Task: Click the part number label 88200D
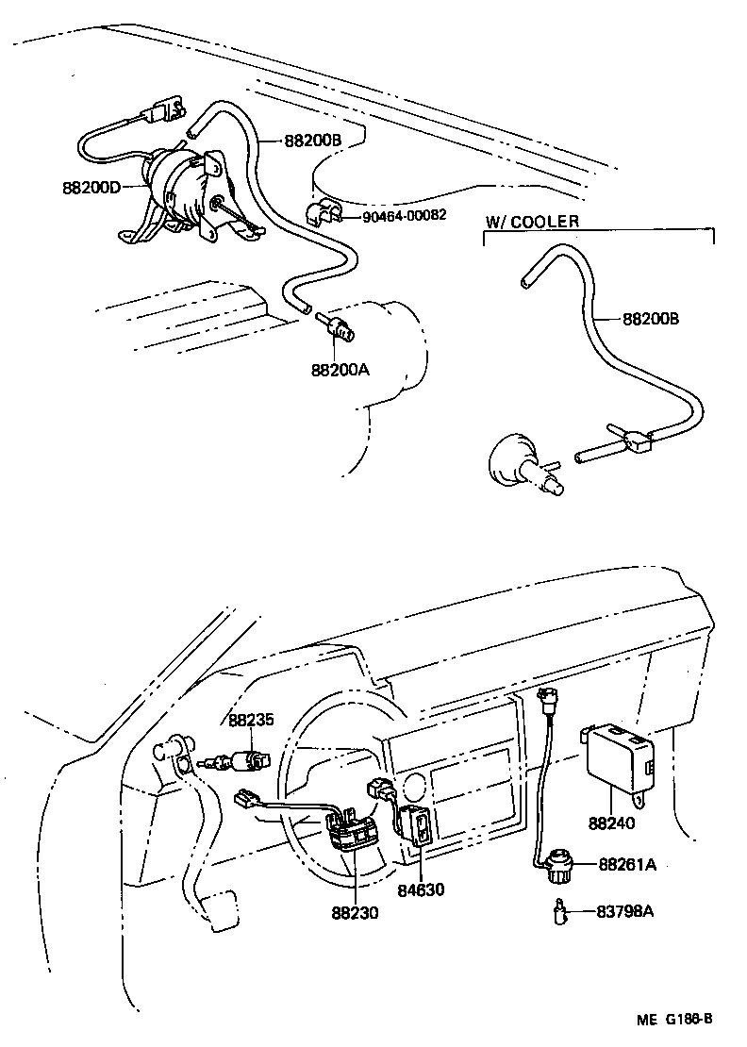(x=91, y=187)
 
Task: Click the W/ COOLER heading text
(x=532, y=223)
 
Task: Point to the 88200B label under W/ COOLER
(x=651, y=319)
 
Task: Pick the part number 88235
(x=250, y=720)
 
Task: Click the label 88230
(x=355, y=913)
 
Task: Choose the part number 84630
(x=420, y=889)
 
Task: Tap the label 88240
(x=611, y=823)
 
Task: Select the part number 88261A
(x=627, y=865)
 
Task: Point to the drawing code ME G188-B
(x=673, y=1019)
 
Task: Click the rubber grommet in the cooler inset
(x=515, y=461)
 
